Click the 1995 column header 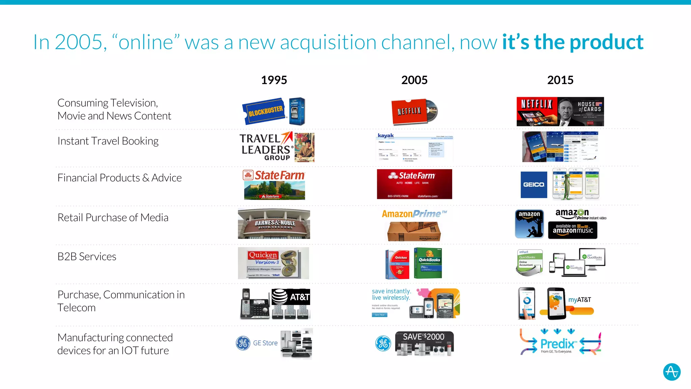(274, 80)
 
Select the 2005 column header (414, 80)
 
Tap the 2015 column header (560, 80)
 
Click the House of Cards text (589, 107)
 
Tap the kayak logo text (386, 135)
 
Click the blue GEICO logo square (534, 185)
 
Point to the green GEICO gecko (568, 184)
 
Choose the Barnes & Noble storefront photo (274, 224)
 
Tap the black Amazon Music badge (573, 230)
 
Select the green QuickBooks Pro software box (428, 263)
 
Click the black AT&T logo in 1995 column (291, 297)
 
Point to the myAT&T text (580, 300)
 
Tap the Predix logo (557, 344)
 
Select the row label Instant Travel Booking (108, 141)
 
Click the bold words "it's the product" (573, 42)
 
